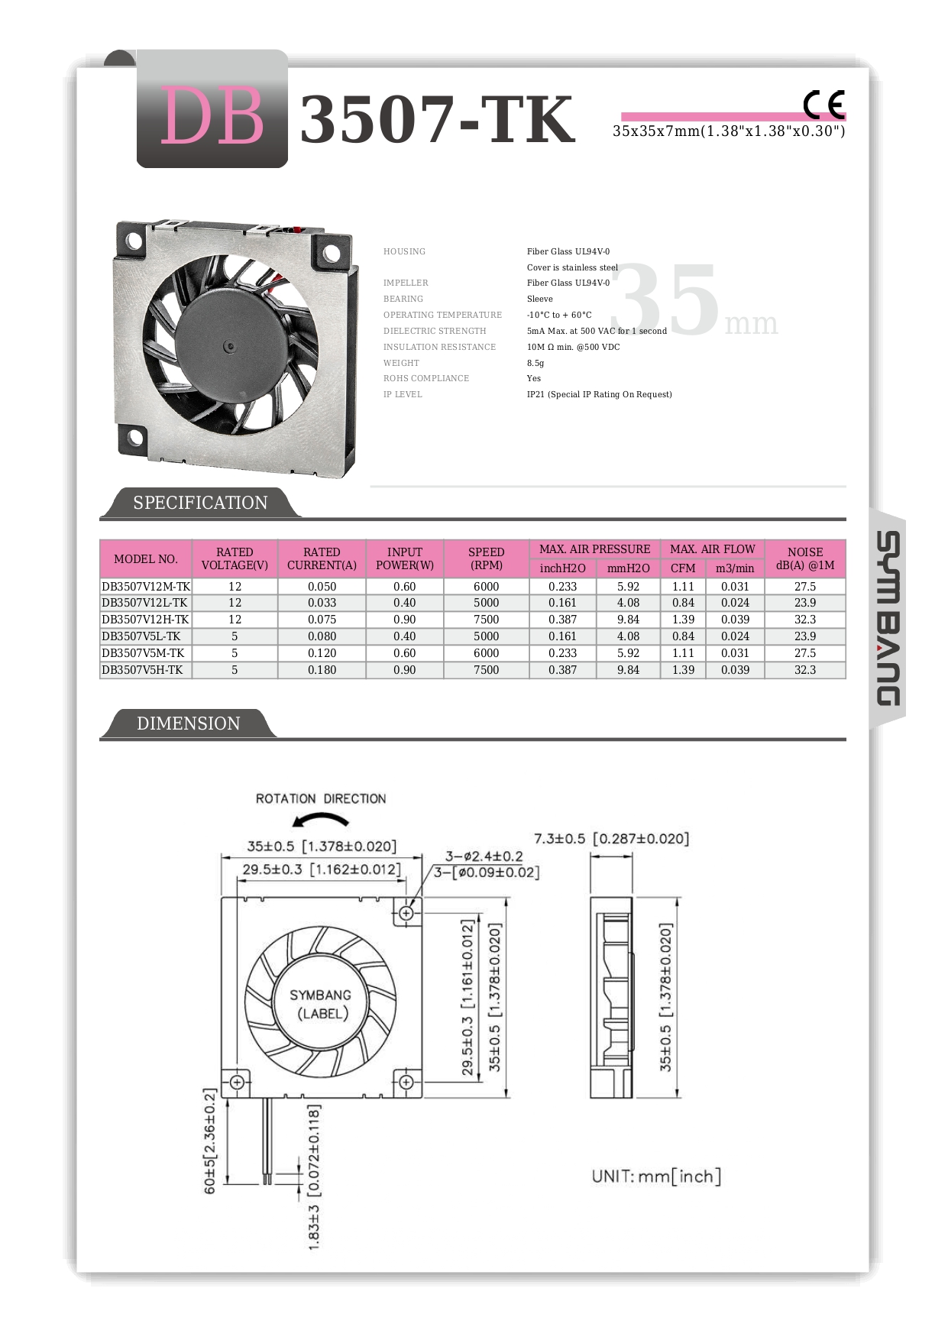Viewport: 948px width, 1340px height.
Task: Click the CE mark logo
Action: (823, 105)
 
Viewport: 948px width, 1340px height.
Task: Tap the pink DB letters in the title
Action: (212, 117)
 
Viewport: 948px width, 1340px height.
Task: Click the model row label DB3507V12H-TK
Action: (145, 620)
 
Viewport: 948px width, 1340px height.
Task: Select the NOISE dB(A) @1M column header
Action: (804, 558)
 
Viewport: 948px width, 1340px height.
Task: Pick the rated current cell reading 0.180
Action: (322, 670)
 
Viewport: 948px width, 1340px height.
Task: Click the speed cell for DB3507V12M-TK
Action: (486, 587)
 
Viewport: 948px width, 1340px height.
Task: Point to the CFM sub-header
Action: (683, 568)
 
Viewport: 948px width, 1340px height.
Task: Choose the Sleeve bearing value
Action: (539, 299)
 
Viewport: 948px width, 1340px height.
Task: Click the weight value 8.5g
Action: (535, 363)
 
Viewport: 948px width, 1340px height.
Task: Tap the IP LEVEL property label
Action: (403, 394)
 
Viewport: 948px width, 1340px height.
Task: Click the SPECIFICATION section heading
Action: (200, 503)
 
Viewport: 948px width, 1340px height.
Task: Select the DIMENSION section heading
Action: (188, 723)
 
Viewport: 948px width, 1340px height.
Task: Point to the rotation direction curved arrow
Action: (321, 821)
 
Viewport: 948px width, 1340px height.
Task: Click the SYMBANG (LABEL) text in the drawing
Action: (321, 1004)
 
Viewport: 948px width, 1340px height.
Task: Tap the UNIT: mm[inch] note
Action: (656, 1177)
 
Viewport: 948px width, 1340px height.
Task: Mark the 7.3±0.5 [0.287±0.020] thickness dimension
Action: (611, 839)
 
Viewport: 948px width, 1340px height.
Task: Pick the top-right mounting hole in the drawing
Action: (406, 913)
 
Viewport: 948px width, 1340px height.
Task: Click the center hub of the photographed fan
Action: (228, 348)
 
